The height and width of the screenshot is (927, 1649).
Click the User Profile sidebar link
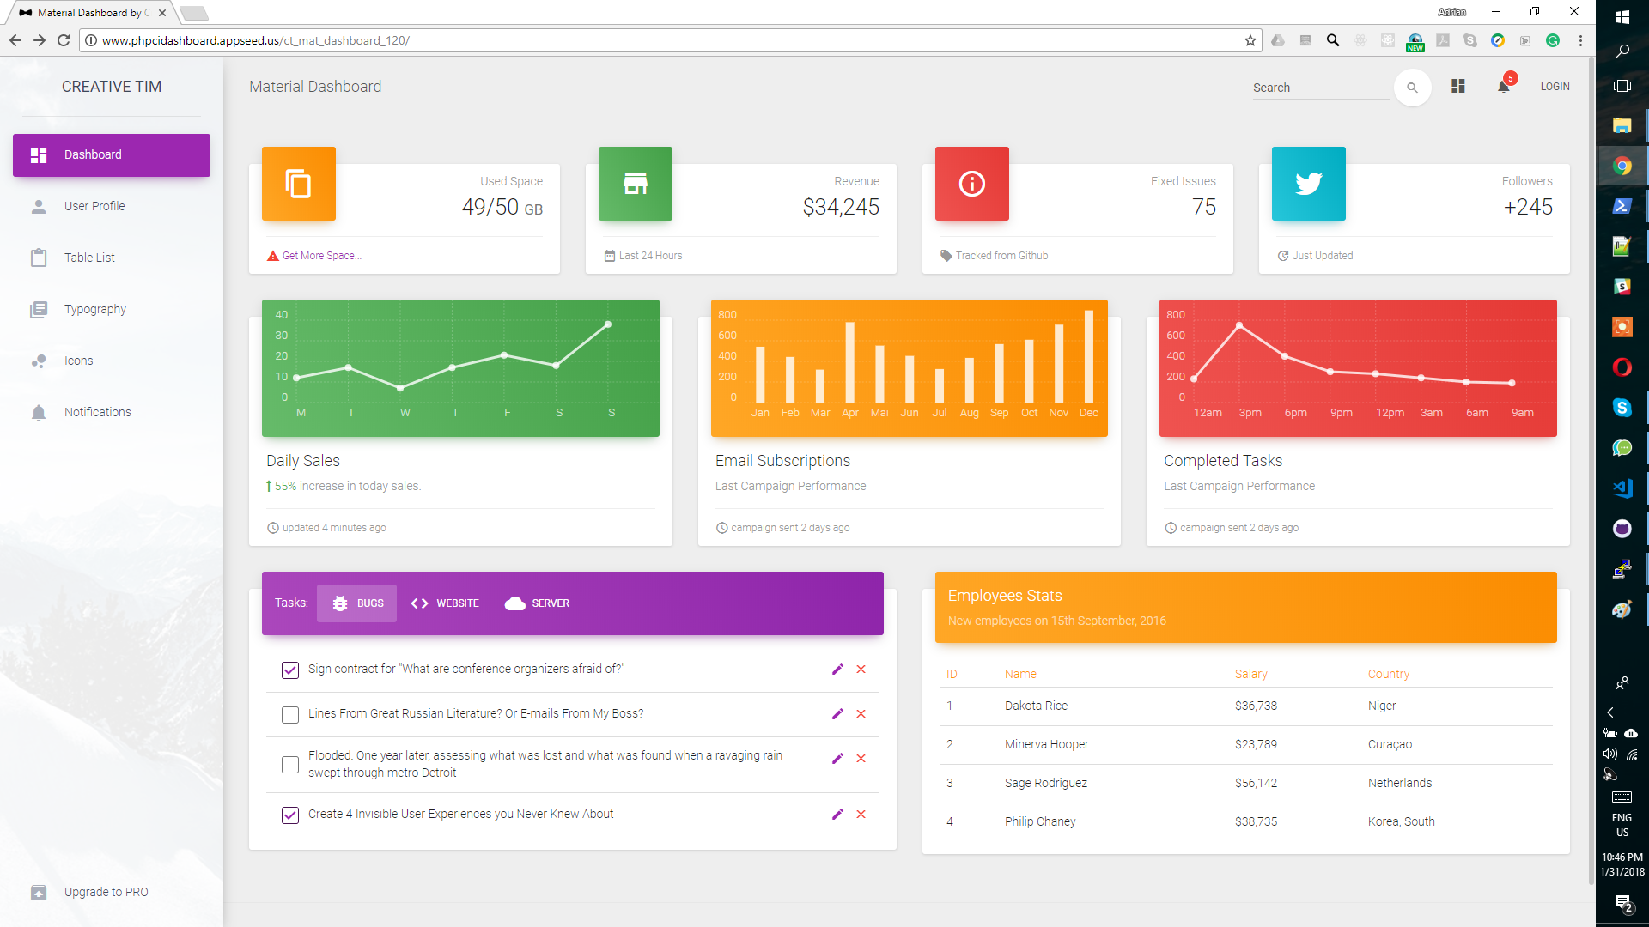(94, 206)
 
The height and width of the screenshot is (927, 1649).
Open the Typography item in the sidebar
(94, 309)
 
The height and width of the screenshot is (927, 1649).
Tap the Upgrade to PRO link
(106, 892)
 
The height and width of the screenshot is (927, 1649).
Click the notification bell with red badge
(1504, 87)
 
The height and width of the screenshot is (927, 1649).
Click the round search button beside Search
(1412, 88)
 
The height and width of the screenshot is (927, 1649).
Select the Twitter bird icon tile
(1308, 184)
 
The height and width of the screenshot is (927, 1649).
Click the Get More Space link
(321, 256)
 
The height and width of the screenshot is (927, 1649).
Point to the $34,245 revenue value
(841, 207)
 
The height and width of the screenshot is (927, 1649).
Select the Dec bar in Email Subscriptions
(1089, 356)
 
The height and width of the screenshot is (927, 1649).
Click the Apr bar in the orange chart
(850, 362)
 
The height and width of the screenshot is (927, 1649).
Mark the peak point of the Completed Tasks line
(1239, 325)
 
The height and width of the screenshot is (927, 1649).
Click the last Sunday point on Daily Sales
(608, 324)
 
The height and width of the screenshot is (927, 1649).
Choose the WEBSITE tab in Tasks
(446, 603)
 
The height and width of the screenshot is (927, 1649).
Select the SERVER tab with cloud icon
(538, 603)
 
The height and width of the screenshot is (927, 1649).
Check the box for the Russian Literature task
(290, 714)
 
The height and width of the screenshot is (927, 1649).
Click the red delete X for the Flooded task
(861, 759)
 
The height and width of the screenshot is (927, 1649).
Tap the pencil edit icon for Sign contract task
(837, 669)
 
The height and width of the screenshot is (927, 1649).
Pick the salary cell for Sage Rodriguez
(1256, 783)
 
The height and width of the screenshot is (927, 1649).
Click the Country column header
(1388, 674)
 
